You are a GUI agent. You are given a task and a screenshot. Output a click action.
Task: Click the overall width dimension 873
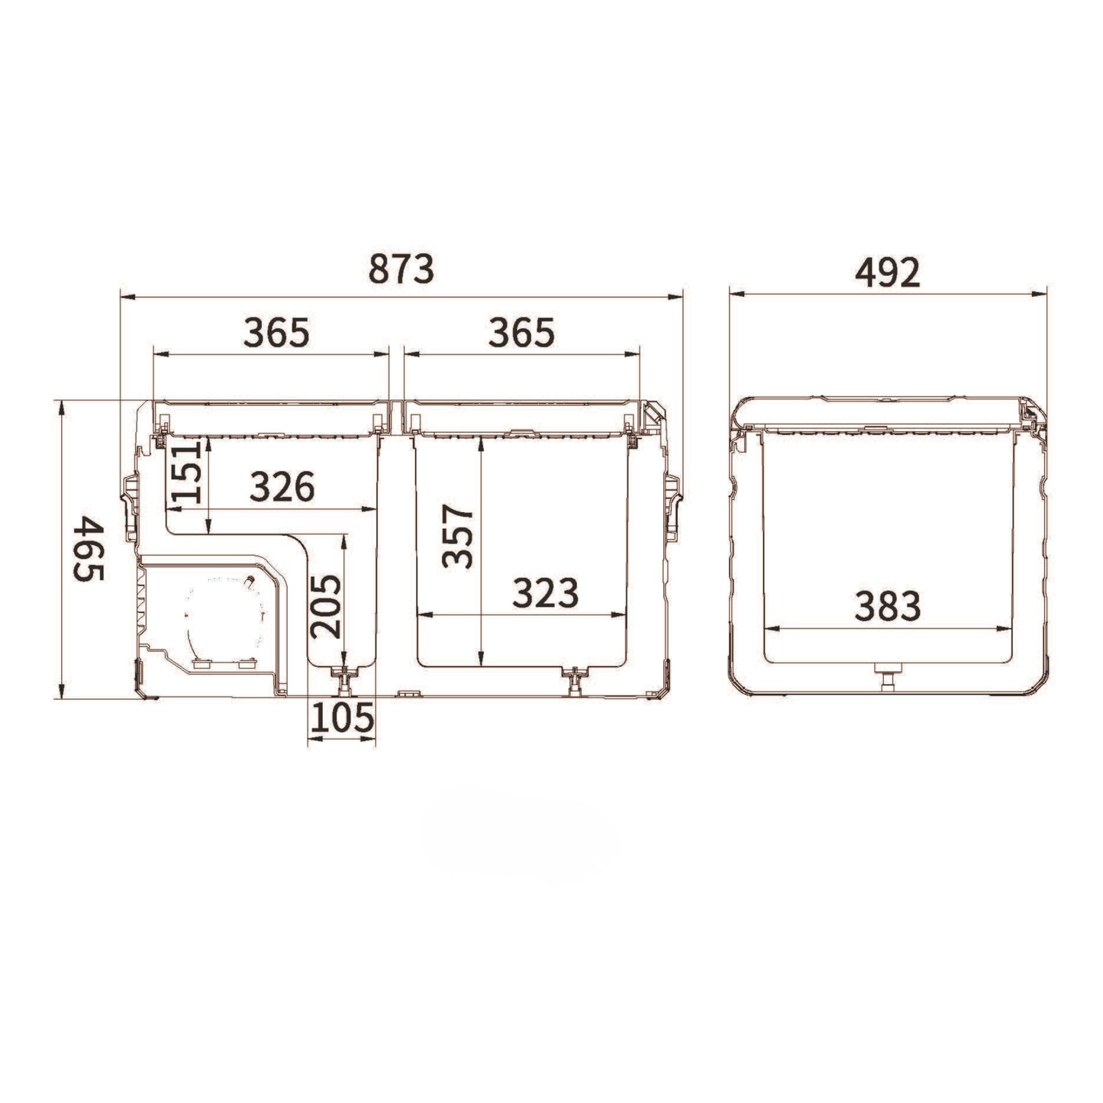pos(402,269)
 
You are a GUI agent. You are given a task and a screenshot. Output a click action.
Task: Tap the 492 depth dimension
pos(887,273)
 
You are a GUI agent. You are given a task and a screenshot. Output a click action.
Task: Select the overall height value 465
pos(89,549)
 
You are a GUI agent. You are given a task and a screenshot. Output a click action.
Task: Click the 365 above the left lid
pos(276,332)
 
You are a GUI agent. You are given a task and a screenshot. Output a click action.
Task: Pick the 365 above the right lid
pos(521,333)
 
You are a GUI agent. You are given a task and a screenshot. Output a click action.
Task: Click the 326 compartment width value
pos(282,486)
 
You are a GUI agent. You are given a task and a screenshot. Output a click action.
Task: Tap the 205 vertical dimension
pos(325,607)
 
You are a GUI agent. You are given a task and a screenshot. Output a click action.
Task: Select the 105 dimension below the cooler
pos(342,718)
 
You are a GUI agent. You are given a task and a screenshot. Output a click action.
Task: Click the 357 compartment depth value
pos(458,536)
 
